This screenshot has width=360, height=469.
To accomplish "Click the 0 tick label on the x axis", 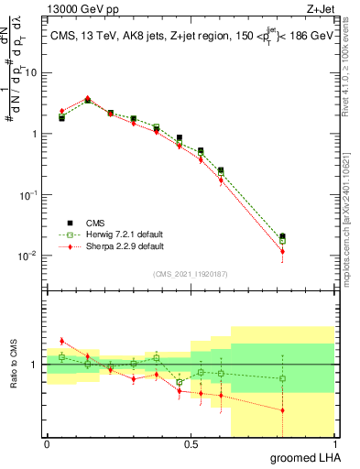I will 47,444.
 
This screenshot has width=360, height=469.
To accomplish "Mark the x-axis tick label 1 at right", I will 333,444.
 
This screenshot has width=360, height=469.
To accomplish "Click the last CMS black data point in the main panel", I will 282,236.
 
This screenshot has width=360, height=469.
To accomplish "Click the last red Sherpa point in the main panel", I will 282,251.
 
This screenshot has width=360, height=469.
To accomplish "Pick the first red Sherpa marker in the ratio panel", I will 61,341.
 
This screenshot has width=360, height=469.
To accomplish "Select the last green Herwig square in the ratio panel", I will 282,378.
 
